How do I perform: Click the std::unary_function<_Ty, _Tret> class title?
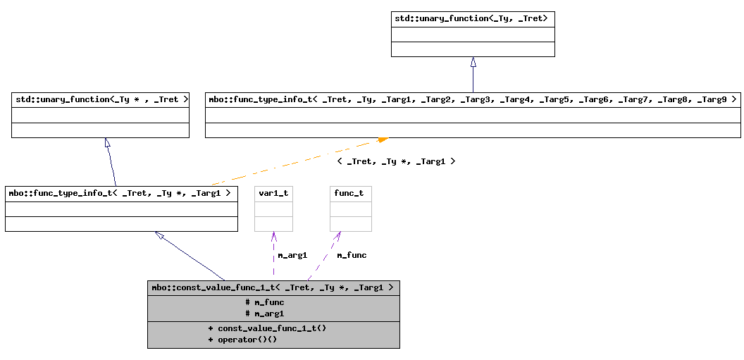(471, 18)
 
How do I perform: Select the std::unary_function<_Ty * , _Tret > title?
(101, 99)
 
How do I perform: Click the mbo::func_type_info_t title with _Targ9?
(472, 99)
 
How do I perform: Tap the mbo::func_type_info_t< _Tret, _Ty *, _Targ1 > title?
(120, 192)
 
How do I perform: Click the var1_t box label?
(273, 192)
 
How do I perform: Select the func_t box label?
(349, 192)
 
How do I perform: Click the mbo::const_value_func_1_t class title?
(273, 287)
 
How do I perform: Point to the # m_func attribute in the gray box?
(265, 302)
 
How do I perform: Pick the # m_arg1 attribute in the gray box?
(265, 314)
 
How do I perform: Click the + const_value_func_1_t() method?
(267, 328)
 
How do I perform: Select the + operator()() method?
(242, 340)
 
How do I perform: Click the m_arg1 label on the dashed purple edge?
(292, 255)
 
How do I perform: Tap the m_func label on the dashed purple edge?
(352, 255)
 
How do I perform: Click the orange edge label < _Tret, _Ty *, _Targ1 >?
(396, 161)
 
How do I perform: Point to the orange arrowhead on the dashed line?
(382, 140)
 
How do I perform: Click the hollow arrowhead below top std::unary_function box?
(473, 62)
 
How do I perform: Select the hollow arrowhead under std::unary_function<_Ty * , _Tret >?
(108, 143)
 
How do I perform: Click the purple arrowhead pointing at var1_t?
(273, 237)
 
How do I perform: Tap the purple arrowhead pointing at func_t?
(338, 236)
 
